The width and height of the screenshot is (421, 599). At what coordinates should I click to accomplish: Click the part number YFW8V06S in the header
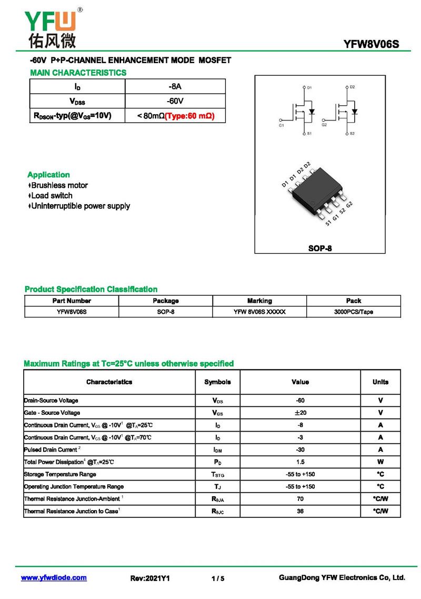coord(371,44)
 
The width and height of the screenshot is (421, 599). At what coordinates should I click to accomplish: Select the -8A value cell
coord(175,86)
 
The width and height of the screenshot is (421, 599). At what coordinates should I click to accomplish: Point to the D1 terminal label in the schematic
coord(309,87)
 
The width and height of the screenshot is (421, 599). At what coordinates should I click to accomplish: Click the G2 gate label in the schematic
coord(324,125)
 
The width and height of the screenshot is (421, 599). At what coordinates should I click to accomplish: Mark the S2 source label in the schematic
coord(352,134)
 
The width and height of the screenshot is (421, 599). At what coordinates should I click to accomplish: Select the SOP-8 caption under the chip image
coord(320,248)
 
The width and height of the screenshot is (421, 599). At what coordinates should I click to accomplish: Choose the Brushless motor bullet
coord(59,185)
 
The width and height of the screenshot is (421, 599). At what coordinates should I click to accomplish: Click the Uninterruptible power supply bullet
coord(80,206)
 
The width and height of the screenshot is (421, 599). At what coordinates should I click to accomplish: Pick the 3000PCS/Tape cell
coord(353,312)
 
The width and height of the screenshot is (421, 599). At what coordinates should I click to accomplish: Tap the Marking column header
coord(259,301)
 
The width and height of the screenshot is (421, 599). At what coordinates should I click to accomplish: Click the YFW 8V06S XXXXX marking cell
coord(259,312)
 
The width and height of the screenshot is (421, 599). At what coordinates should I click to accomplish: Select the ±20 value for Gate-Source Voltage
coord(300,413)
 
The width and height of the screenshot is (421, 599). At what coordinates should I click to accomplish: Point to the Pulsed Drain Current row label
coord(51,450)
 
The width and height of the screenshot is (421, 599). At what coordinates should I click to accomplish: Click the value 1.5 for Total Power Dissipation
coord(300,462)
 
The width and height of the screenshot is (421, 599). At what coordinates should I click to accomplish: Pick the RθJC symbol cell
coord(217,511)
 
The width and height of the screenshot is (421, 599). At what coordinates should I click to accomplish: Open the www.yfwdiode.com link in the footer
coord(54,577)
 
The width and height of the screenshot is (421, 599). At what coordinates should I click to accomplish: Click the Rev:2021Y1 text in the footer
coord(150,578)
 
